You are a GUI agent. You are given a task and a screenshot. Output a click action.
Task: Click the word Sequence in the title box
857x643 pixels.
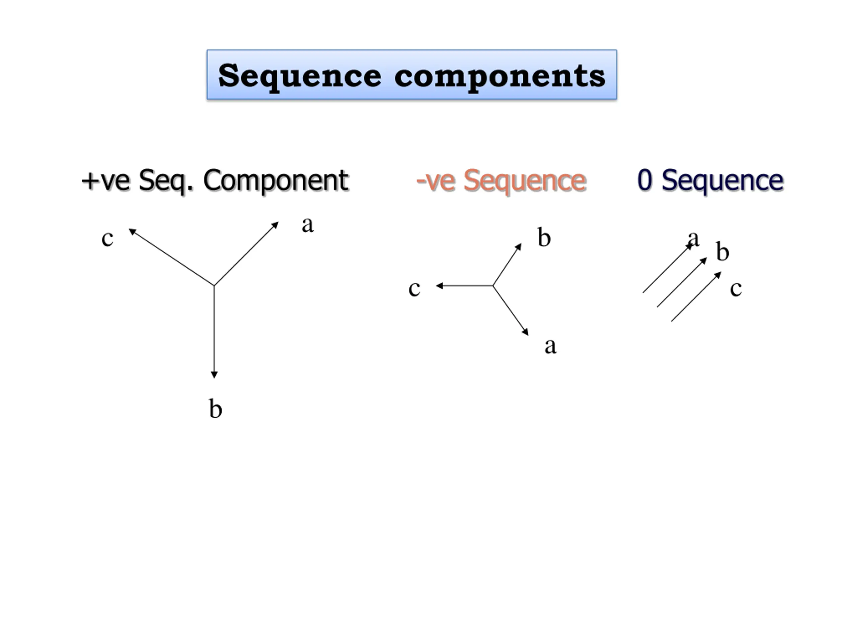(x=300, y=76)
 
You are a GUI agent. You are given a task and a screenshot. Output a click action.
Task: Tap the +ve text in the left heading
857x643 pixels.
(x=105, y=181)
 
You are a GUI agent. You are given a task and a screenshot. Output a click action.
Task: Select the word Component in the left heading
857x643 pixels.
(x=276, y=181)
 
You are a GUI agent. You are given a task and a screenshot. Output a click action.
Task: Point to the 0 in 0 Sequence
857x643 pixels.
(x=645, y=180)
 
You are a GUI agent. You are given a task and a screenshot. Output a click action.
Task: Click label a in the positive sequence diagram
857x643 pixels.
(x=308, y=225)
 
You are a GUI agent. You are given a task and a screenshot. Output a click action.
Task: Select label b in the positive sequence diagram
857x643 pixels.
(x=215, y=409)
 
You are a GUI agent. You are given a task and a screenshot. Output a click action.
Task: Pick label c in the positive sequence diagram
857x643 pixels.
(x=107, y=238)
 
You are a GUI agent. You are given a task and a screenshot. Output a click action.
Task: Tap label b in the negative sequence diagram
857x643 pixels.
(x=544, y=237)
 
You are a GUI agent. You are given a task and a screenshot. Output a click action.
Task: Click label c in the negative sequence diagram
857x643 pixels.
(x=414, y=289)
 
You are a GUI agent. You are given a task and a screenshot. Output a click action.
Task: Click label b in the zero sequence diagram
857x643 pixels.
(x=722, y=252)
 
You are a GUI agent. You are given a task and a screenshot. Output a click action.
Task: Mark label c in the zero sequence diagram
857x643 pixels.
(x=736, y=289)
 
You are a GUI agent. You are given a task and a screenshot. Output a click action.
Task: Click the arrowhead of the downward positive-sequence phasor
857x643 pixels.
(x=214, y=375)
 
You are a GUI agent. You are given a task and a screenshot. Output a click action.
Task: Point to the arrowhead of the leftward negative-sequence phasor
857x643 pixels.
(x=439, y=286)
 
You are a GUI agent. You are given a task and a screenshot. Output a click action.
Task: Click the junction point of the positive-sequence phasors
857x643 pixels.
(x=214, y=286)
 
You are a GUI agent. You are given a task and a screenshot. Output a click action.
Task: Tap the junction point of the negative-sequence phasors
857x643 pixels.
(x=493, y=286)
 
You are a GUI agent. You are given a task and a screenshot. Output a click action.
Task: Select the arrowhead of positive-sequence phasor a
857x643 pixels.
(x=276, y=224)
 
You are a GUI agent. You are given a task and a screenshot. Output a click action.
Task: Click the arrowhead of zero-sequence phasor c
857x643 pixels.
(x=718, y=274)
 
